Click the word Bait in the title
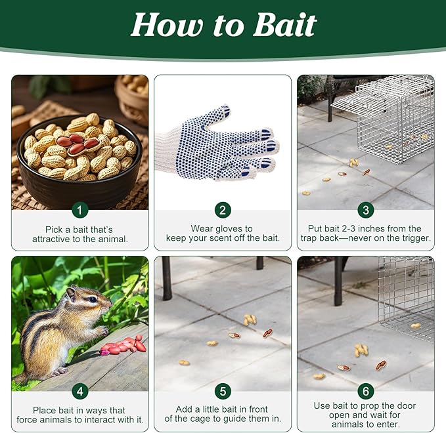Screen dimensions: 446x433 pos(284,24)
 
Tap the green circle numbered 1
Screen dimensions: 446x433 pos(80,210)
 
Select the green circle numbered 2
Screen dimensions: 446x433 pos(223,210)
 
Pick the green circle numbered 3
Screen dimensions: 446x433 pos(365,210)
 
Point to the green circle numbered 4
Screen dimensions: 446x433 pos(80,391)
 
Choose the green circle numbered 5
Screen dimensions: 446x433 pos(223,391)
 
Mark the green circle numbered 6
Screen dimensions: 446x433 pos(365,391)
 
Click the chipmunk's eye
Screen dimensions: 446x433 pos(93,299)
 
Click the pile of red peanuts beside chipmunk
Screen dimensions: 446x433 pos(123,346)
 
